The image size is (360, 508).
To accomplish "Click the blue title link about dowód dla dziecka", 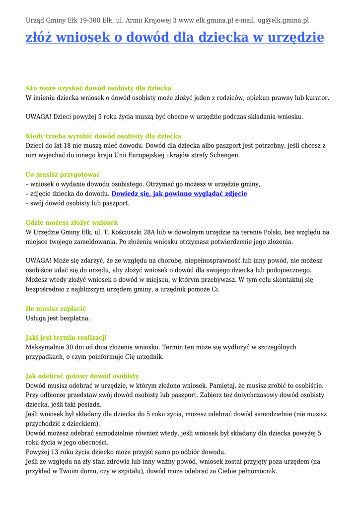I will point(175,38).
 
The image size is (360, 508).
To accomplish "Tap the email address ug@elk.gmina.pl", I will point(283,20).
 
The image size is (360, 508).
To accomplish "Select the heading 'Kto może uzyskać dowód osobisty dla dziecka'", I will point(98,88).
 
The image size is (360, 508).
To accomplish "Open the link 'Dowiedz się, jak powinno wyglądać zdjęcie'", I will point(179,193).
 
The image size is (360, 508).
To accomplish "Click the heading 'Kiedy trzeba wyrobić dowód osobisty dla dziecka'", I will point(103,136).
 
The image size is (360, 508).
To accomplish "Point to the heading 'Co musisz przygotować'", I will point(63,175).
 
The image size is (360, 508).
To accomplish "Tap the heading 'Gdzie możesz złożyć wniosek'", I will point(72,223).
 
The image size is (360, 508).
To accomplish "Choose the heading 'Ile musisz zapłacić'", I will point(56,309).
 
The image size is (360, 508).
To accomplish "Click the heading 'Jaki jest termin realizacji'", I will point(66,337).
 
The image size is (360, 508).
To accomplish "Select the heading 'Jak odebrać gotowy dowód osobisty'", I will point(82,376).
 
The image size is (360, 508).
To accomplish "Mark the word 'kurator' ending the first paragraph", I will point(317,98).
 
